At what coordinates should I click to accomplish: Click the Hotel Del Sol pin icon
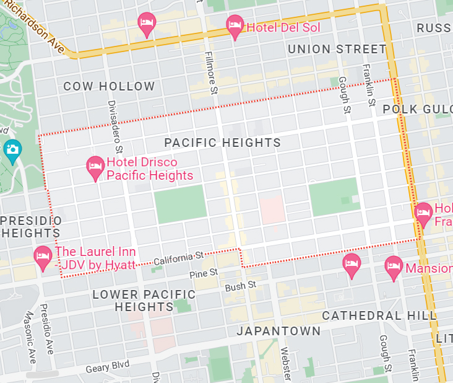point(235,26)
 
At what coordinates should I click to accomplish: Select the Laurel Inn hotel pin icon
point(43,257)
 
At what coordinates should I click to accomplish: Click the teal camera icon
point(12,149)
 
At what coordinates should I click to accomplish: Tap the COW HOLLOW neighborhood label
point(109,87)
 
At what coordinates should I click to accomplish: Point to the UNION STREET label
point(337,49)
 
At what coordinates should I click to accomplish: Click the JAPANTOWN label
point(279,331)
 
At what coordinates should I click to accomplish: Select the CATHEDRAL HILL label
point(379,315)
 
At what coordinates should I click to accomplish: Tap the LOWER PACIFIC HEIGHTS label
point(144,301)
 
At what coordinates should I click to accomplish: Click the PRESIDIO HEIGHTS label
point(31,227)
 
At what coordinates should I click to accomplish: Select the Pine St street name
point(204,272)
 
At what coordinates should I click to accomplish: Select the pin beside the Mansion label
point(394,268)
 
